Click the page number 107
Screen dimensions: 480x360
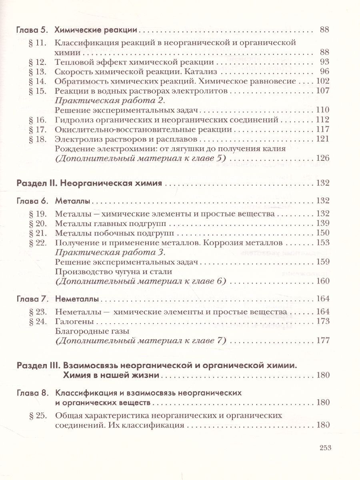322,91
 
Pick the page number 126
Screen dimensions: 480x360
322,158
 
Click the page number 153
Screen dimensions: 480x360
322,242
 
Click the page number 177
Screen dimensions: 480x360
322,340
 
